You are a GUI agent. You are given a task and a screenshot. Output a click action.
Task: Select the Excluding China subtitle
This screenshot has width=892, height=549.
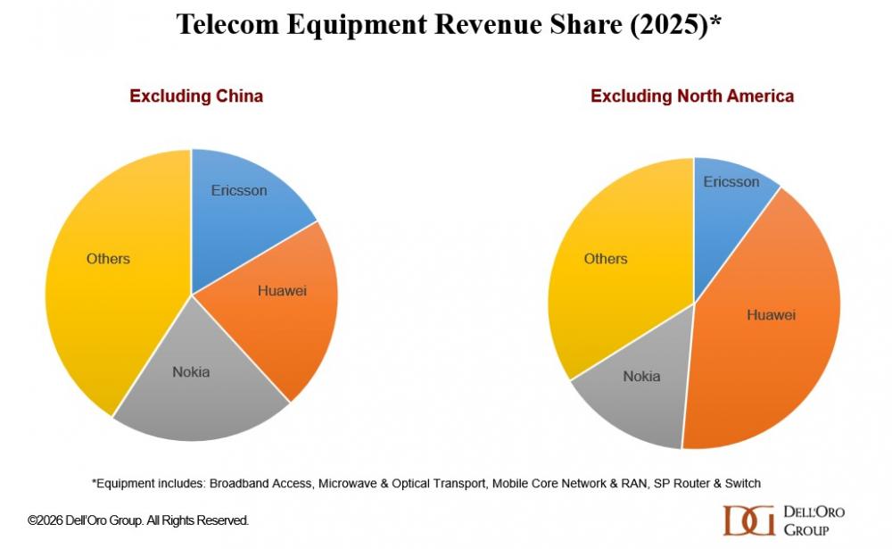point(196,96)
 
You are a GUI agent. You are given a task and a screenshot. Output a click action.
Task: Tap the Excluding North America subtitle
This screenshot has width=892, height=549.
point(691,96)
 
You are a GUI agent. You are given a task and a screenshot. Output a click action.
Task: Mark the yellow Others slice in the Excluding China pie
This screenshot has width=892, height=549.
point(107,268)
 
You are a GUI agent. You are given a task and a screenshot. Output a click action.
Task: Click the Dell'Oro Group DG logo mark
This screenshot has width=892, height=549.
point(748,520)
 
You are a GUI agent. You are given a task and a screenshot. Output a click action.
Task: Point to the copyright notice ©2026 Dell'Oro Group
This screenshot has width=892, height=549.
point(138,520)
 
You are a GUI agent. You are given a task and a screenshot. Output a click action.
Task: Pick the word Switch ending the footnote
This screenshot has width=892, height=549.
point(740,483)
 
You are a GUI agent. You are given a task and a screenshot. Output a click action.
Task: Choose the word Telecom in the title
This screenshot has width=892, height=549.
point(227,24)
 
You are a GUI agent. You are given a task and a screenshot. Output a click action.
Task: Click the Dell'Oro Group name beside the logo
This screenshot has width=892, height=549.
point(813,520)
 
